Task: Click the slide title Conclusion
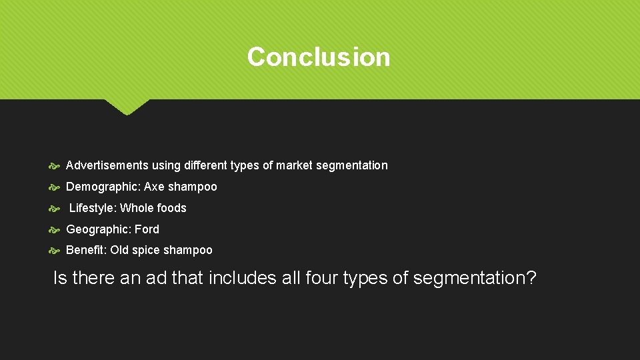(319, 57)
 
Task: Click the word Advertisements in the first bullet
(107, 165)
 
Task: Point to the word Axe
(154, 187)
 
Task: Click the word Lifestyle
(93, 208)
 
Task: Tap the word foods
(172, 208)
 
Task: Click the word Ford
(147, 229)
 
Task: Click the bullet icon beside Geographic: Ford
(55, 229)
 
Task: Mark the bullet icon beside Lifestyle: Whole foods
(55, 208)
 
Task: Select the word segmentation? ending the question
(474, 278)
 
